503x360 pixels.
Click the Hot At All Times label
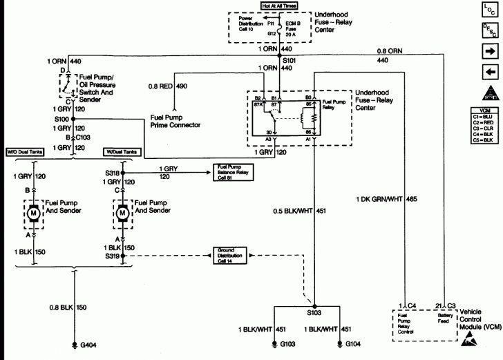click(x=280, y=6)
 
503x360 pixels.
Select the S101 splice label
click(x=289, y=59)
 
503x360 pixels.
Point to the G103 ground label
click(x=288, y=344)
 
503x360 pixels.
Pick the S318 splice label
click(x=110, y=174)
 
